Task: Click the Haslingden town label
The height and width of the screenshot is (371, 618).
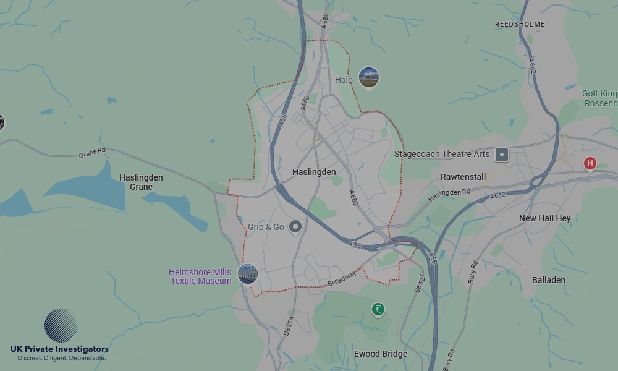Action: click(314, 172)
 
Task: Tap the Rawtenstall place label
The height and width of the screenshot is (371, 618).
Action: click(463, 177)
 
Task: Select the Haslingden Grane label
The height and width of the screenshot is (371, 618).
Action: click(141, 182)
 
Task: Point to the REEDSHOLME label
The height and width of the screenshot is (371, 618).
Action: click(520, 24)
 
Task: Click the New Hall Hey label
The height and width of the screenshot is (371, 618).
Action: click(544, 218)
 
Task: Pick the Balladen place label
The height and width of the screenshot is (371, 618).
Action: click(548, 280)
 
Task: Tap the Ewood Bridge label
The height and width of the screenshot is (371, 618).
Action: click(380, 354)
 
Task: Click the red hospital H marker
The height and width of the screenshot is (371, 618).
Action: click(590, 163)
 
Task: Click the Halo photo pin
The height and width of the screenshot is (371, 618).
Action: click(369, 77)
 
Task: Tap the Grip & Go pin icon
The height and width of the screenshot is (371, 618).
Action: click(295, 227)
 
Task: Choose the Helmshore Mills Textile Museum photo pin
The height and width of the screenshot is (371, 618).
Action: click(247, 273)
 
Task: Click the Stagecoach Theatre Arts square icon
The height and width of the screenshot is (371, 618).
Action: click(502, 154)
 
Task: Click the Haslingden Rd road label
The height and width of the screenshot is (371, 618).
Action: click(449, 195)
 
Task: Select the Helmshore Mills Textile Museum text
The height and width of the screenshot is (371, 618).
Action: click(200, 276)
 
